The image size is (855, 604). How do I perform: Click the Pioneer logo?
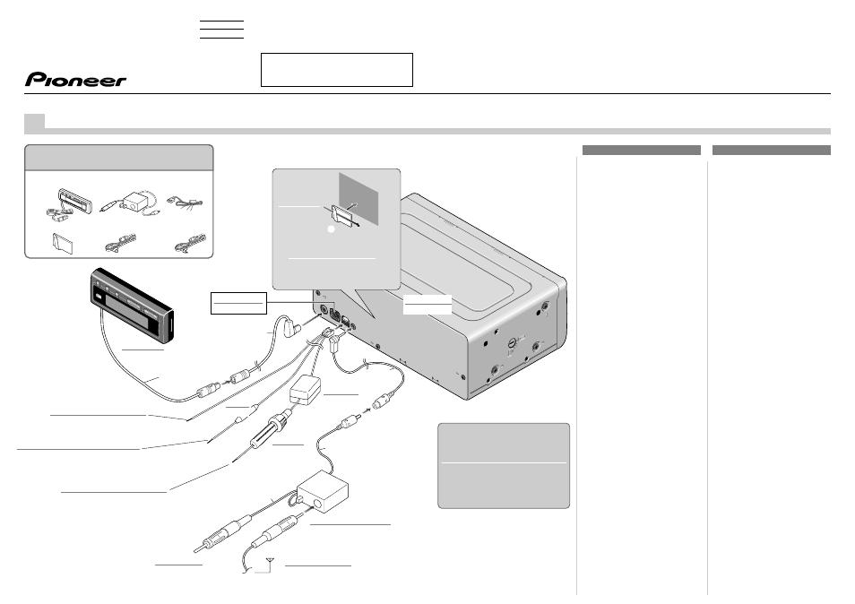click(x=75, y=80)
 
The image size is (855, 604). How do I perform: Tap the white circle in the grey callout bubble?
click(x=331, y=229)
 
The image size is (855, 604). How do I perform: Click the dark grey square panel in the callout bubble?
click(x=358, y=199)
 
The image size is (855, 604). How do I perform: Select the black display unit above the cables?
click(x=132, y=305)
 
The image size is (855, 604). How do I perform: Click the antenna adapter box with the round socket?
click(x=323, y=491)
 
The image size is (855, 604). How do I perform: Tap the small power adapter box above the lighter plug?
click(x=306, y=391)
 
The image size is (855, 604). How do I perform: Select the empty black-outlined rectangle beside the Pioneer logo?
click(x=337, y=70)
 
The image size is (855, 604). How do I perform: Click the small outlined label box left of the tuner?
click(x=238, y=303)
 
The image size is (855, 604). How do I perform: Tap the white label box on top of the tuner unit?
click(x=427, y=304)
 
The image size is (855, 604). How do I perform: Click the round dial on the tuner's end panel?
click(x=512, y=343)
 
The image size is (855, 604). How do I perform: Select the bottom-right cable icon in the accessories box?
click(x=190, y=243)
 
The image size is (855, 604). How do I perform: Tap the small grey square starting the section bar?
click(x=34, y=123)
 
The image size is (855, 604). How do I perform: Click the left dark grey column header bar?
click(x=642, y=150)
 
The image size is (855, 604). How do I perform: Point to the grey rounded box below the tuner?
click(x=504, y=465)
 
